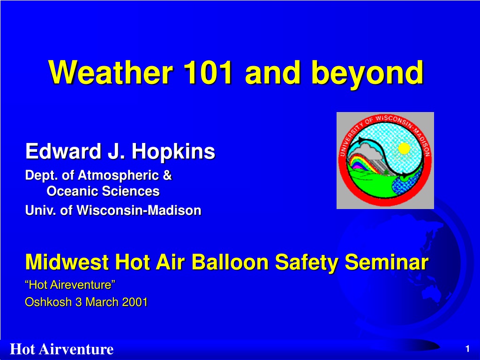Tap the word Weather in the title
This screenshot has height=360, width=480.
[111, 72]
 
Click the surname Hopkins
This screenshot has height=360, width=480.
[173, 151]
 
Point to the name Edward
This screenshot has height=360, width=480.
[63, 151]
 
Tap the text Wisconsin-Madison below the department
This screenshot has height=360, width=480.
[139, 210]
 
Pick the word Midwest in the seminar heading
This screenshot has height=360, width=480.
[67, 262]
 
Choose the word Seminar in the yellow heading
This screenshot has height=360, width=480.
[387, 262]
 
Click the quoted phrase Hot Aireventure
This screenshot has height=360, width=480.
[70, 285]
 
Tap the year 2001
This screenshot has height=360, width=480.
[135, 302]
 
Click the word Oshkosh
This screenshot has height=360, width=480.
[48, 302]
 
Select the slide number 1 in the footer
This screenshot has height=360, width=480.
[467, 349]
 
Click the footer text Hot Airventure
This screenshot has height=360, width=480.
[62, 349]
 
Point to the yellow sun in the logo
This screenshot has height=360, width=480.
[404, 149]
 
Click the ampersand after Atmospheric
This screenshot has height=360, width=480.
[167, 175]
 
